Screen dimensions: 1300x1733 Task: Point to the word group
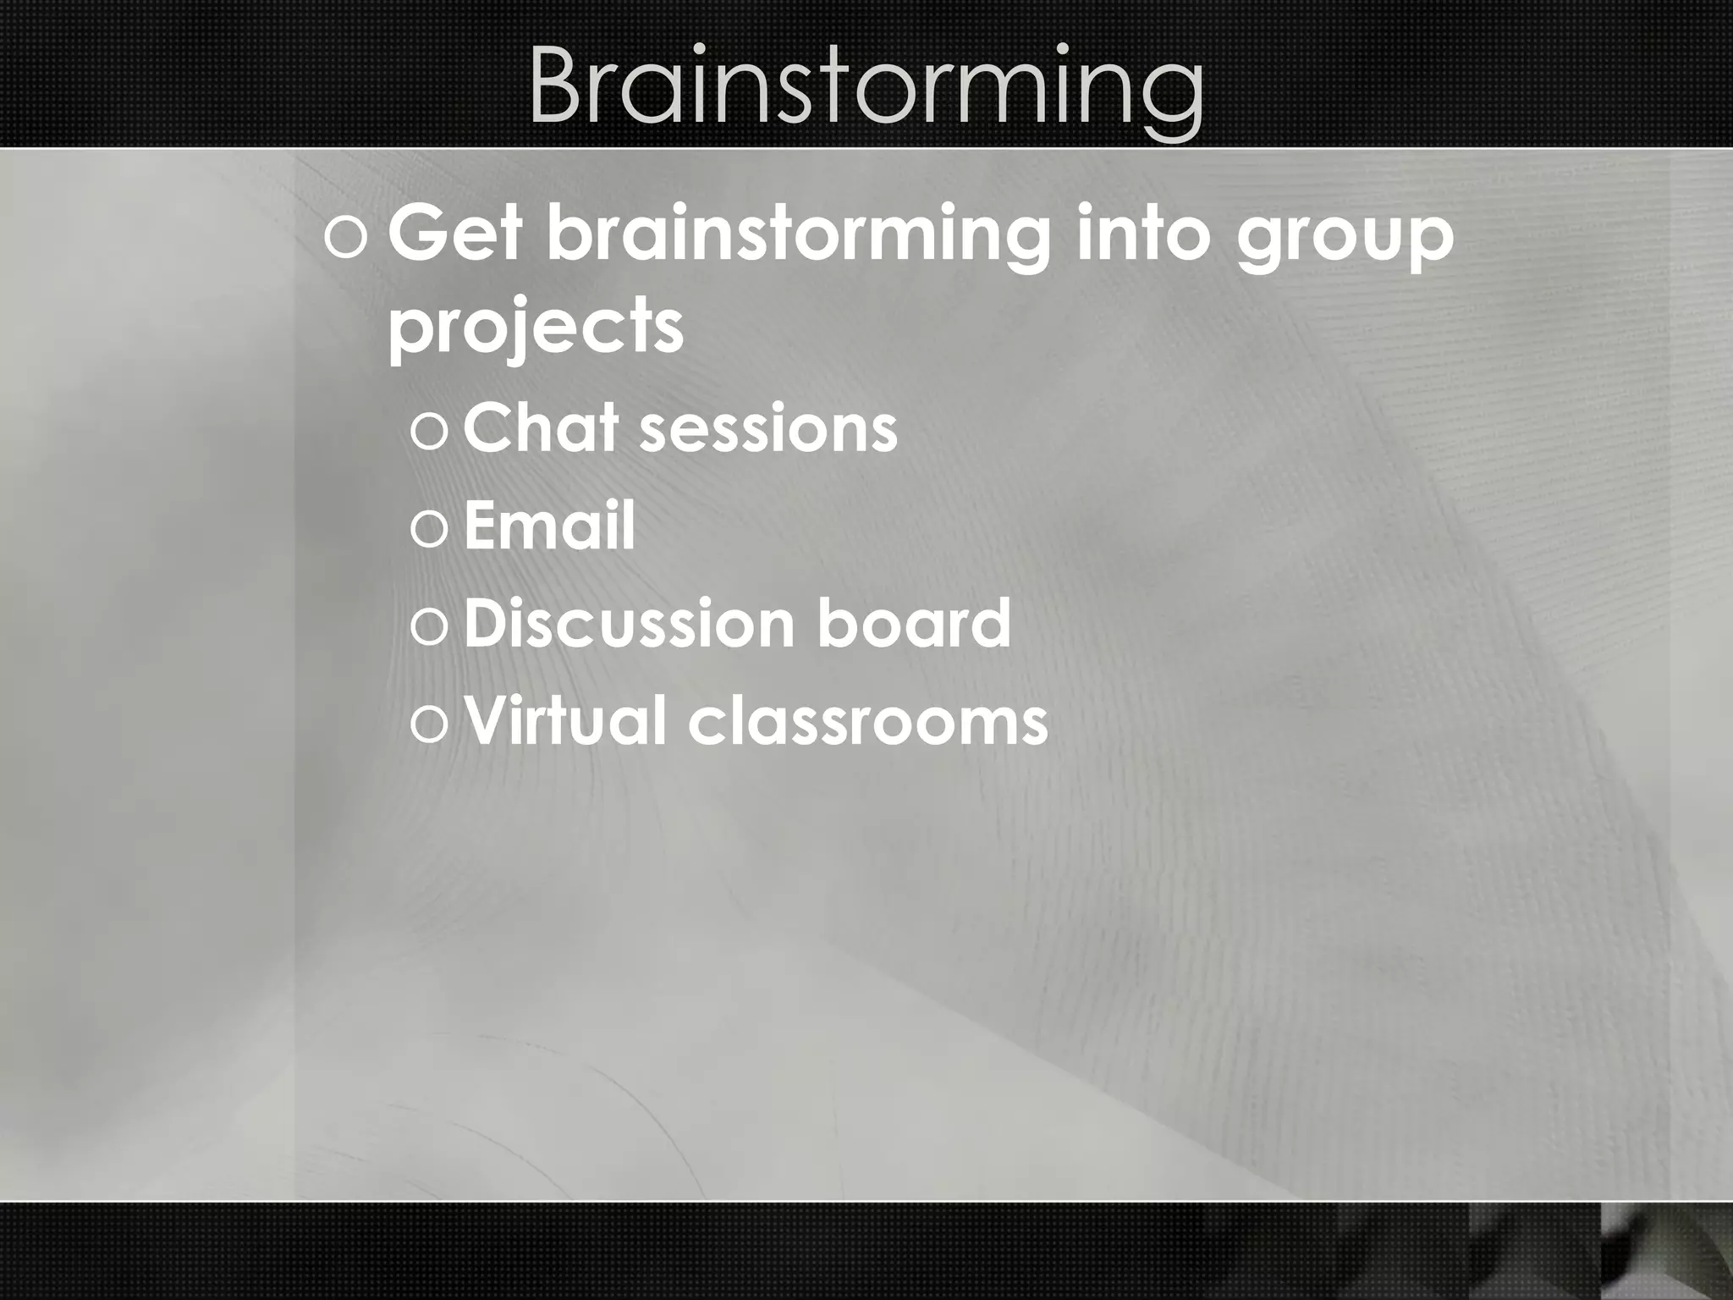pyautogui.click(x=1345, y=241)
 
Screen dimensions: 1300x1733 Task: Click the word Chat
pyautogui.click(x=541, y=427)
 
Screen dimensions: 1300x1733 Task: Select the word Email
pyautogui.click(x=549, y=525)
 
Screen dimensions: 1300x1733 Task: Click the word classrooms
pyautogui.click(x=868, y=722)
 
